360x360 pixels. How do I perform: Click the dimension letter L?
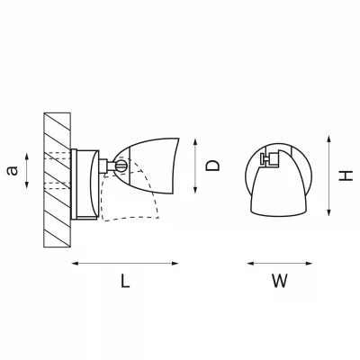[125, 281]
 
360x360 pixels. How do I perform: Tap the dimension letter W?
[280, 281]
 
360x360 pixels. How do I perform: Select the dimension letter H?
[346, 175]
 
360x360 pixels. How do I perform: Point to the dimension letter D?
[212, 166]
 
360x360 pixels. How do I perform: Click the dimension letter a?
[13, 171]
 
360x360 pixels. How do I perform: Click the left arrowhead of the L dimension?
[75, 264]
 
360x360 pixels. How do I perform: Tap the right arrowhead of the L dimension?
[175, 264]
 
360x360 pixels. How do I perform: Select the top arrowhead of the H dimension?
[329, 139]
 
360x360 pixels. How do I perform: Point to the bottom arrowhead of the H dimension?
[329, 212]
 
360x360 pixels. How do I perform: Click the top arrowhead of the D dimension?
[195, 142]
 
